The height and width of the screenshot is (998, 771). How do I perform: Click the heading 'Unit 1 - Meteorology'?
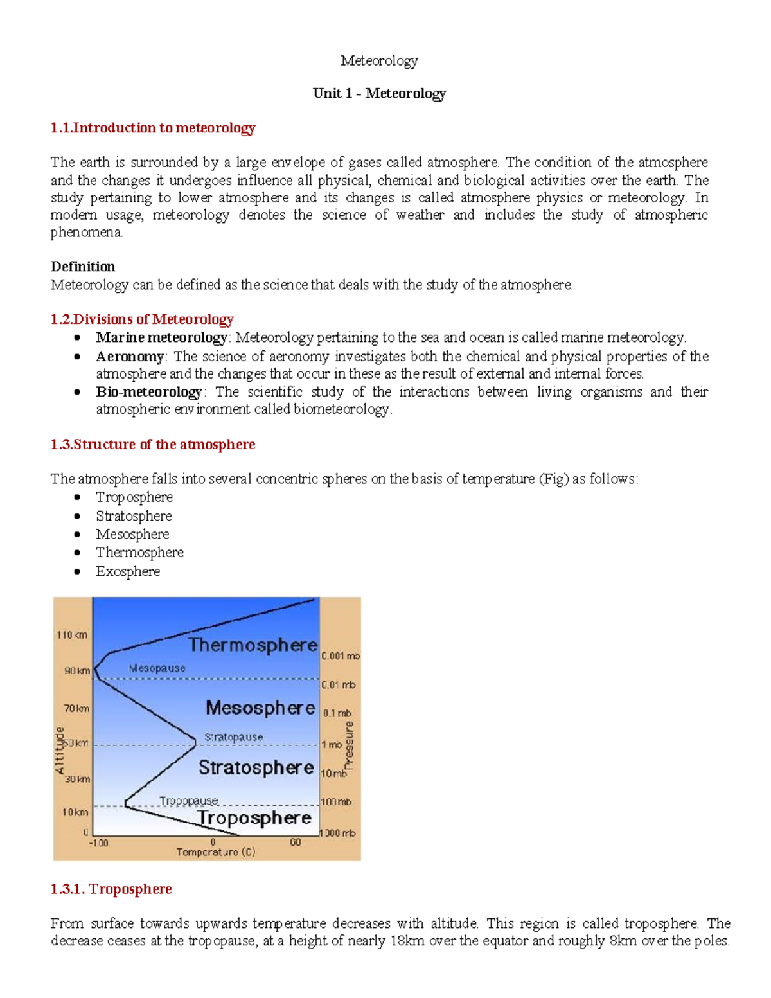pyautogui.click(x=379, y=94)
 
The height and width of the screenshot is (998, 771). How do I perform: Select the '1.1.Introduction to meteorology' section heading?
pyautogui.click(x=153, y=128)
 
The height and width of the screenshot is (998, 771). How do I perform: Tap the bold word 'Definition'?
pyautogui.click(x=83, y=267)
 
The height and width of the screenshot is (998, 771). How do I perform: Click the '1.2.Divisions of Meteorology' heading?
pyautogui.click(x=142, y=319)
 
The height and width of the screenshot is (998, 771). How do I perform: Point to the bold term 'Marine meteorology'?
pyautogui.click(x=161, y=337)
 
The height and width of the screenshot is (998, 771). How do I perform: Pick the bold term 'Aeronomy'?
pyautogui.click(x=130, y=357)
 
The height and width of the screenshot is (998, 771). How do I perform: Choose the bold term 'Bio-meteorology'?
pyautogui.click(x=149, y=392)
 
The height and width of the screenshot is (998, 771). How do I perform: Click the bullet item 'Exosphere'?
pyautogui.click(x=128, y=571)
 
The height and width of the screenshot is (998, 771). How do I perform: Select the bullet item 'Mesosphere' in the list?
pyautogui.click(x=132, y=534)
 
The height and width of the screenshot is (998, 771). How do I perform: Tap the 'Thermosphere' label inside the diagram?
pyautogui.click(x=253, y=645)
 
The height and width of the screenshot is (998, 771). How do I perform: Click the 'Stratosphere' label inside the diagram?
pyautogui.click(x=256, y=767)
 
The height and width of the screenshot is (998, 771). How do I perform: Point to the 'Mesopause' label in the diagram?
pyautogui.click(x=157, y=668)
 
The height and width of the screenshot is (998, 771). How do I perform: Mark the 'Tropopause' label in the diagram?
pyautogui.click(x=189, y=801)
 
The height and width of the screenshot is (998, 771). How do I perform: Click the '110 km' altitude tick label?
pyautogui.click(x=72, y=635)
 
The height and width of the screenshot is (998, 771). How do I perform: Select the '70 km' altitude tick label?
pyautogui.click(x=76, y=708)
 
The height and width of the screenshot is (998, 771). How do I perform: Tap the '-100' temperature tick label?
pyautogui.click(x=98, y=842)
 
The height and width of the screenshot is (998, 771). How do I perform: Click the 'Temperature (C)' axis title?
pyautogui.click(x=216, y=852)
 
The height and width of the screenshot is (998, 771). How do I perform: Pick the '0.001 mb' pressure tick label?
pyautogui.click(x=341, y=656)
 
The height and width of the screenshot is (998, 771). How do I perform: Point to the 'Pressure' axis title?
pyautogui.click(x=349, y=745)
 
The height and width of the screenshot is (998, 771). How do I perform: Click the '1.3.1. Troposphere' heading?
pyautogui.click(x=111, y=889)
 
